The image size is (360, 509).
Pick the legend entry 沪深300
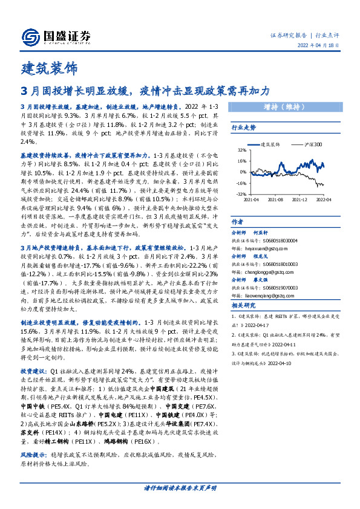[313, 144]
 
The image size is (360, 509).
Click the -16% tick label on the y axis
[241, 183]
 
